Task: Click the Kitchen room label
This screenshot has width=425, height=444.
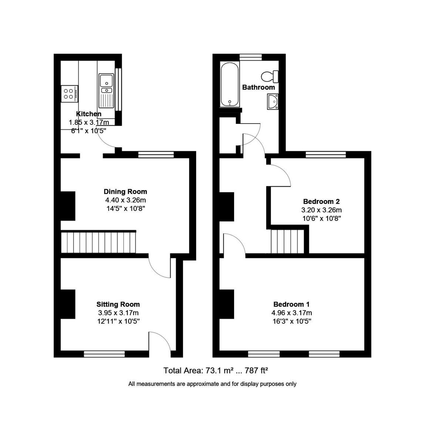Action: [x=89, y=114]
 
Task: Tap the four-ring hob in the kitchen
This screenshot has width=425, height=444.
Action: [x=70, y=93]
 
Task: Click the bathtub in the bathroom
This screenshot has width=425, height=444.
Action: [x=230, y=84]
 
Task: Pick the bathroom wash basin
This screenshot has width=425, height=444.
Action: [x=273, y=101]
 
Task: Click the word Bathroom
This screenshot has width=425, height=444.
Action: [x=259, y=87]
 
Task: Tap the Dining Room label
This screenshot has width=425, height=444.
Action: [x=125, y=192]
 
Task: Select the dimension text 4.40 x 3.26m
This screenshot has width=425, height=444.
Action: [x=125, y=200]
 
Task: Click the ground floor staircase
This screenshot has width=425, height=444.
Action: [x=98, y=242]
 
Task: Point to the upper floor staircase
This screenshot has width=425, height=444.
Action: [x=287, y=242]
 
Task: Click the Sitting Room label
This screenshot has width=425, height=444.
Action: [x=118, y=305]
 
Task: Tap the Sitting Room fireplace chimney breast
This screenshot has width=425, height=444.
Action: [x=68, y=304]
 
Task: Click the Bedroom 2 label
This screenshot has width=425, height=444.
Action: [x=321, y=202]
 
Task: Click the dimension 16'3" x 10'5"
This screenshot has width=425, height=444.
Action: [x=291, y=321]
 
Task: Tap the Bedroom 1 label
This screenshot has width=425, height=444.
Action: [x=291, y=305]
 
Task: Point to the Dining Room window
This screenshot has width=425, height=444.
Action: [x=156, y=155]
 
